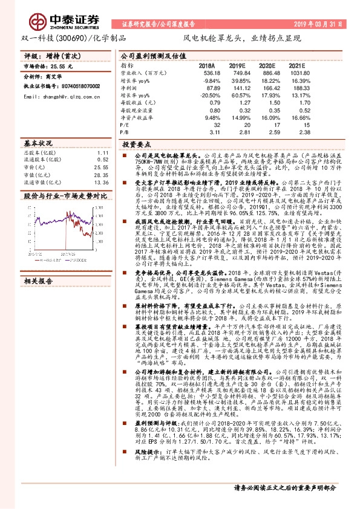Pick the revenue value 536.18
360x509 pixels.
[x=206, y=73]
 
